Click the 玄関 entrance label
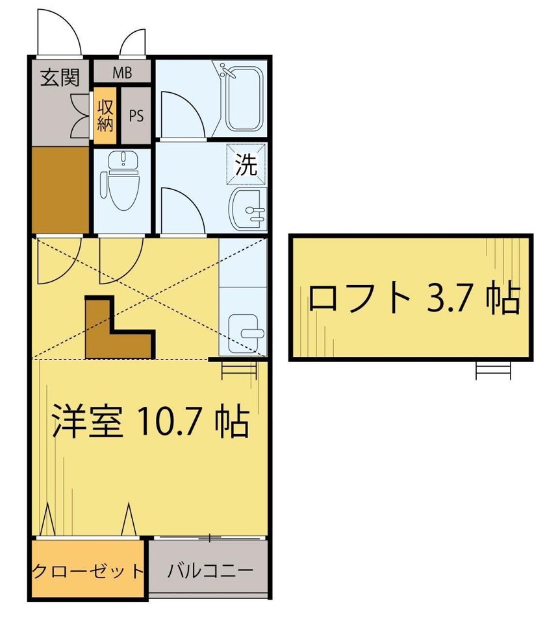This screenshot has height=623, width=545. [x=60, y=77]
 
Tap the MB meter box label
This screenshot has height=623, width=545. [x=122, y=73]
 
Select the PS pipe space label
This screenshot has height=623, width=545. [x=136, y=116]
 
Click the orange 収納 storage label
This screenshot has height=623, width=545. [x=105, y=116]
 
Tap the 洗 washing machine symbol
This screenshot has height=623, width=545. [x=246, y=164]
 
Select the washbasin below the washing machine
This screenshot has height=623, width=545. [x=248, y=209]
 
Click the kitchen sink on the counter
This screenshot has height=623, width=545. [x=247, y=333]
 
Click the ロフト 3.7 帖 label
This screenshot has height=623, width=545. [x=414, y=298]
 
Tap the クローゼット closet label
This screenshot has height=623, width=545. [x=87, y=571]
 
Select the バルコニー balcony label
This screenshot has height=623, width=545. [x=210, y=571]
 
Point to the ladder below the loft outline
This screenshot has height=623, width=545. [x=493, y=371]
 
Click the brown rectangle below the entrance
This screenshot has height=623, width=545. [x=60, y=189]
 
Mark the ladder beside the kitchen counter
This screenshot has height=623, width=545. [x=239, y=369]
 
